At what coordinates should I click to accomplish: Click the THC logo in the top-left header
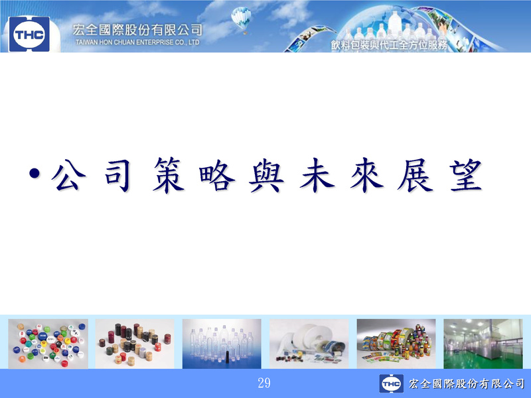tap(29, 34)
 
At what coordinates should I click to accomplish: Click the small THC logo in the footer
tap(391, 383)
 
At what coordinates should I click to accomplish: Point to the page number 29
tap(264, 383)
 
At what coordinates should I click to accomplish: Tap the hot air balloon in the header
tap(242, 20)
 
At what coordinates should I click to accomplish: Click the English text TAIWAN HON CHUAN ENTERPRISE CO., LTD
tap(137, 42)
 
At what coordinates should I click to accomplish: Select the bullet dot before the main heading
tap(35, 174)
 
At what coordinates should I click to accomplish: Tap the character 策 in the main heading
tap(169, 175)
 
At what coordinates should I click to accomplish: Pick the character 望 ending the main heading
tap(466, 175)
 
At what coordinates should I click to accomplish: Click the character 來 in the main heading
tap(367, 175)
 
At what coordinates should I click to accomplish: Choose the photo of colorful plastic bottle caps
tap(48, 344)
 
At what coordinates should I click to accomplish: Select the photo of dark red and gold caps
tap(135, 344)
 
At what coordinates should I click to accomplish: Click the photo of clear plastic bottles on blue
tap(222, 344)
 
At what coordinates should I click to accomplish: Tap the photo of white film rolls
tap(309, 344)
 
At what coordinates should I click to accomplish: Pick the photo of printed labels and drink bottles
tap(396, 344)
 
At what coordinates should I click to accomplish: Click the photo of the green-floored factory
tap(483, 344)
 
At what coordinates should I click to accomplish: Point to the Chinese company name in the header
tap(137, 30)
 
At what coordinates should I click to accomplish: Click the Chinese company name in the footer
tap(467, 383)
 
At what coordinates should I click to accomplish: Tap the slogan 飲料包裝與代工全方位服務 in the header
tap(389, 45)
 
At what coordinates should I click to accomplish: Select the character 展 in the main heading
tap(416, 175)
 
